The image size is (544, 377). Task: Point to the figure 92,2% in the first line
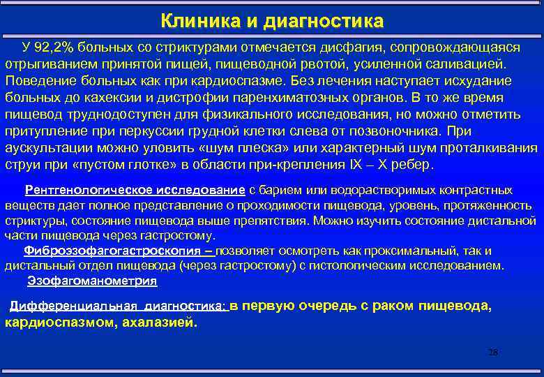tap(58, 47)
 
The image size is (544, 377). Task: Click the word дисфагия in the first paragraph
tap(348, 47)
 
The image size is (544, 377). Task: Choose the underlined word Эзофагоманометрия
tap(92, 281)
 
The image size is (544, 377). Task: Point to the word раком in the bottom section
tap(398, 306)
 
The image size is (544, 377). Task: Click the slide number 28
tap(493, 352)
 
